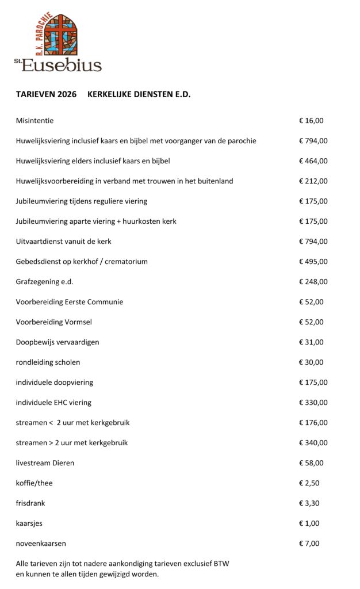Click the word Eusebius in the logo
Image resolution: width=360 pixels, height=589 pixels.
coord(62,64)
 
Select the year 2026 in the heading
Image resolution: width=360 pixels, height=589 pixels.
coord(67,95)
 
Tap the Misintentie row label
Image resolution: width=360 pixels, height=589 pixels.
coord(35,121)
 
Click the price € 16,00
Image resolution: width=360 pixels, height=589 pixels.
coord(311,121)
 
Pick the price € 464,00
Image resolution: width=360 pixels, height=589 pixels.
coord(313,161)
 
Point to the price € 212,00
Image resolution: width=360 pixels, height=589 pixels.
coord(313,181)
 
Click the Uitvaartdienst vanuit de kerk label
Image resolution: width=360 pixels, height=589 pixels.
coord(63,242)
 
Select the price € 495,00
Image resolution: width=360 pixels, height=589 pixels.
coord(313,262)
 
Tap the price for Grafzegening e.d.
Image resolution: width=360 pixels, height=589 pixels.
coord(313,282)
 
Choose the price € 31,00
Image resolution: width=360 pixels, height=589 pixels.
coord(311,342)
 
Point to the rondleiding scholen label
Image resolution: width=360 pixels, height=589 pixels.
coord(48,362)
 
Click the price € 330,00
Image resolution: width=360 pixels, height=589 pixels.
coord(313,403)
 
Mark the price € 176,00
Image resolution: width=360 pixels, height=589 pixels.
coord(313,423)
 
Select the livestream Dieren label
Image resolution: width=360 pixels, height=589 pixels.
coord(45,463)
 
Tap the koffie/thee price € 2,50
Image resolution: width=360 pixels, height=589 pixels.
coord(309,483)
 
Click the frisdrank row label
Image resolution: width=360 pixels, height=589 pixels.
coord(30,503)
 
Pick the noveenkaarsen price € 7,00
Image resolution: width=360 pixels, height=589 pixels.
coord(309,544)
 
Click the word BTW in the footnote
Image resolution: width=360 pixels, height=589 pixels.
coord(221,564)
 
